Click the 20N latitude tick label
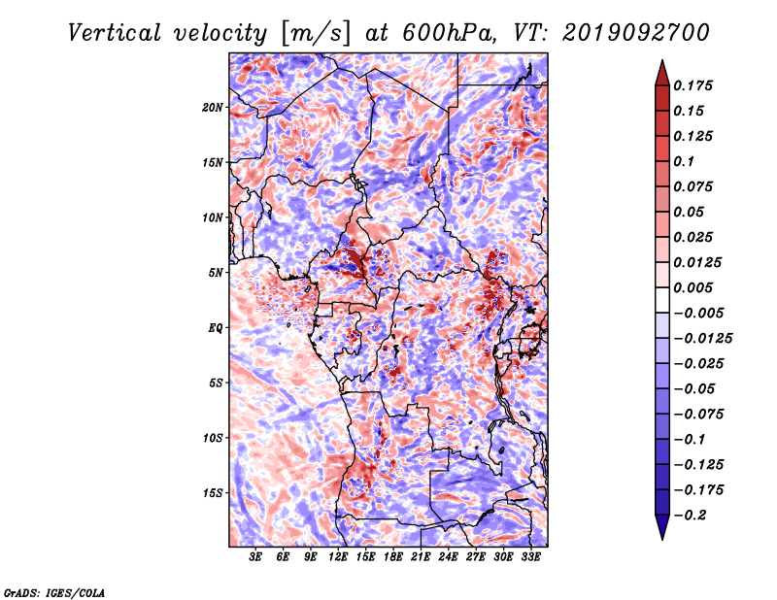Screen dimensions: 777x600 tap(213, 108)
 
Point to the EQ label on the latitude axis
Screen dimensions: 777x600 tap(215, 328)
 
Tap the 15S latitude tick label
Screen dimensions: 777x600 tap(213, 493)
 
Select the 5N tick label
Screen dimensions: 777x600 tap(216, 273)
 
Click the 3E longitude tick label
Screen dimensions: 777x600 tap(255, 557)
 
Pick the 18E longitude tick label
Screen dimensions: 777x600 tap(393, 557)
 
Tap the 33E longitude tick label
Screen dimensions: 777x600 tap(530, 557)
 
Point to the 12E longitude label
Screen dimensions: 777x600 tap(338, 557)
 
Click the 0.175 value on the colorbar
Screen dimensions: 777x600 tap(693, 85)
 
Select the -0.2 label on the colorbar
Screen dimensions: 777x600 tap(690, 516)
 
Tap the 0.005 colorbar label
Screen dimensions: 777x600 tap(693, 287)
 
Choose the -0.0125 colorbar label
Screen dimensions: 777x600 tap(702, 339)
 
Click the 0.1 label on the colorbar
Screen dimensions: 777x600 tap(684, 161)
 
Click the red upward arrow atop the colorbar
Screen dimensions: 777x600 tap(662, 73)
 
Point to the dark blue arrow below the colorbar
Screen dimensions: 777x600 tap(662, 527)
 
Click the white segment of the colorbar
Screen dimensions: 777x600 tap(662, 300)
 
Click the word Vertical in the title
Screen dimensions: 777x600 tap(115, 33)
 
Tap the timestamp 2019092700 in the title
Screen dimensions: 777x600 tap(636, 33)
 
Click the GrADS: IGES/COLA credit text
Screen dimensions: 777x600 tap(54, 592)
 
